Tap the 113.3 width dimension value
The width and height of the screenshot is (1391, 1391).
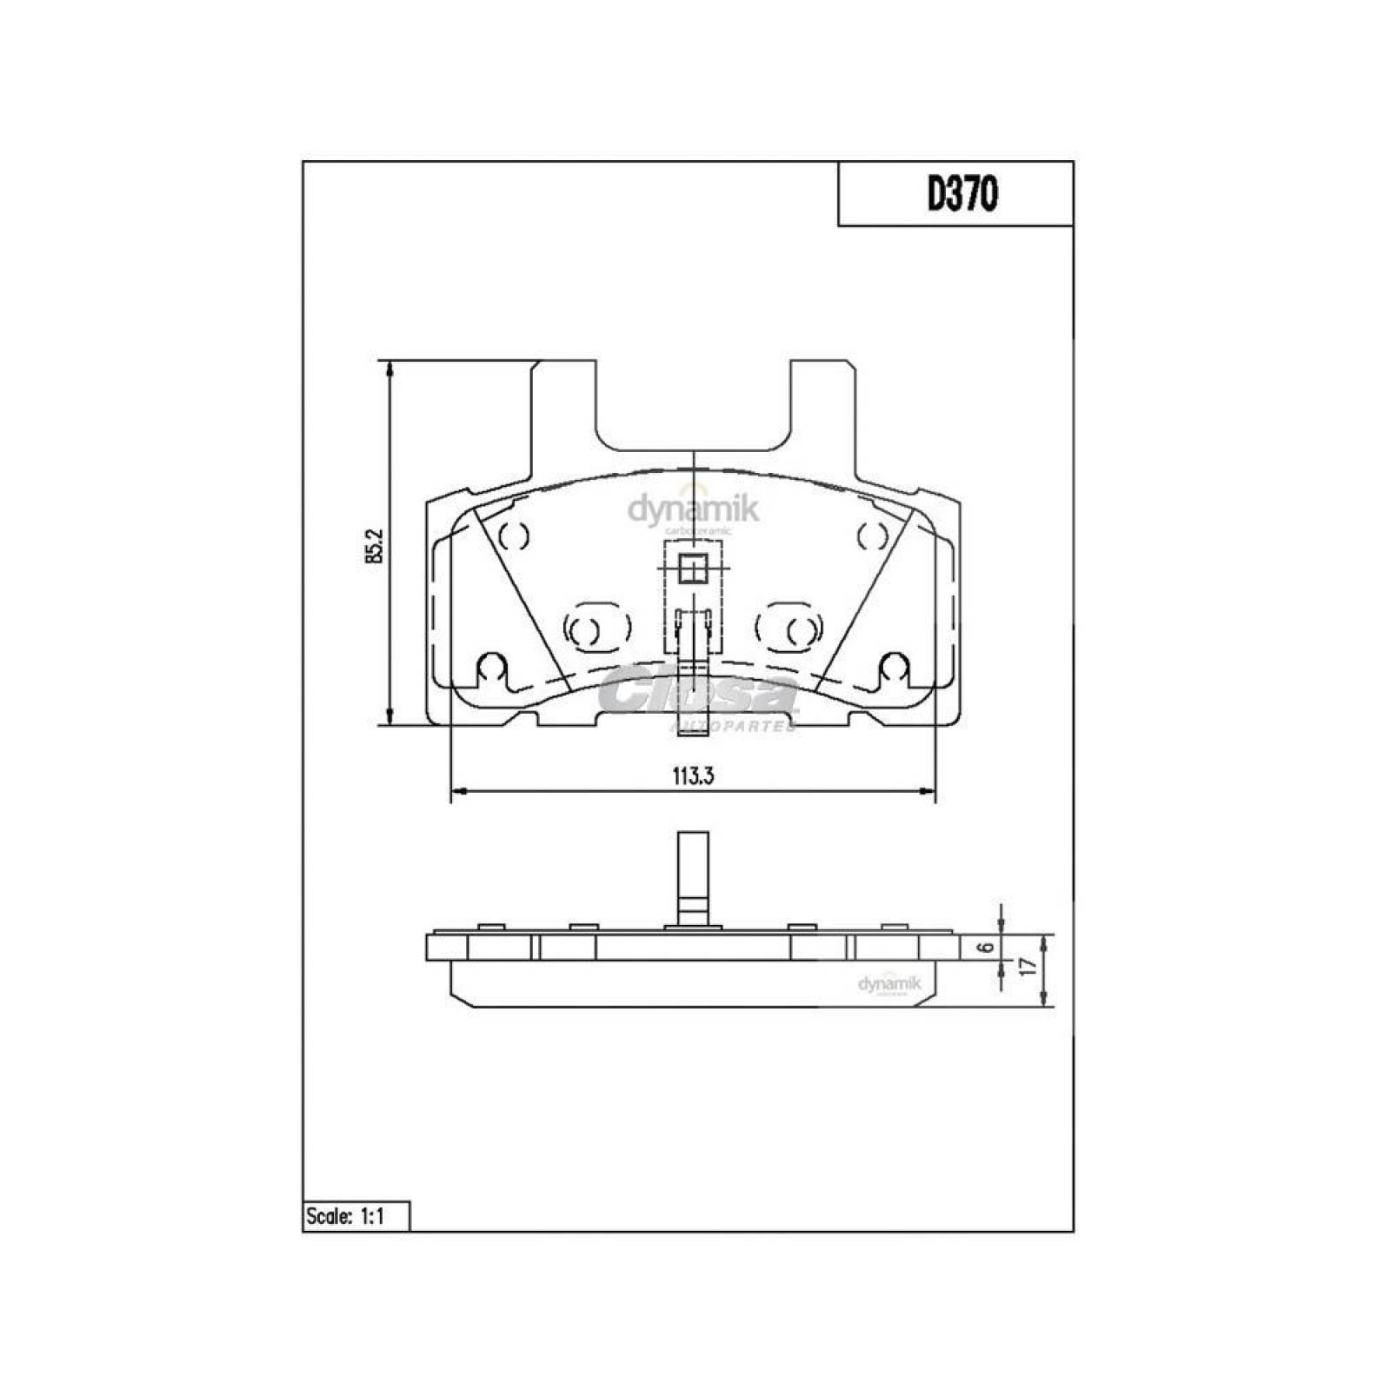pos(693,776)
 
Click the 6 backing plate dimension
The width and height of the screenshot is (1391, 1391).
pos(985,948)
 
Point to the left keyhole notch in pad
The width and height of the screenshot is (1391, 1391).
pos(492,666)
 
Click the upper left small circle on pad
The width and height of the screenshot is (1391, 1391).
pos(515,536)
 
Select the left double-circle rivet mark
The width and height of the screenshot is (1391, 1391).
pos(596,625)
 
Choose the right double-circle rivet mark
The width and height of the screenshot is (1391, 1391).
pos(789,625)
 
